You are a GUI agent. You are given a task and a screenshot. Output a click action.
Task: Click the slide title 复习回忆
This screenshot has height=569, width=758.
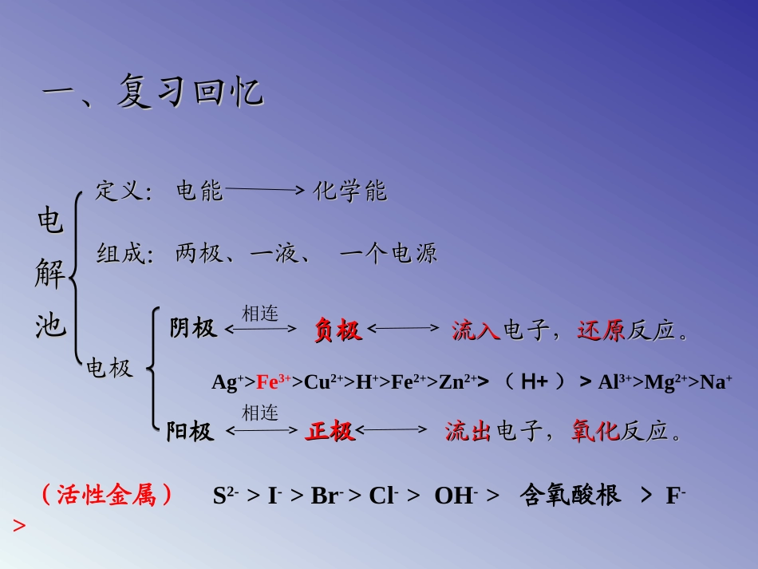click(x=190, y=92)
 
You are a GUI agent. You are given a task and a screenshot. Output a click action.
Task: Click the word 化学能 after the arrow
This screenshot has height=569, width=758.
click(x=349, y=191)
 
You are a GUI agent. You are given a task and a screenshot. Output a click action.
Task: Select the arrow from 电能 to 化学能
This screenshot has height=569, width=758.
click(x=265, y=191)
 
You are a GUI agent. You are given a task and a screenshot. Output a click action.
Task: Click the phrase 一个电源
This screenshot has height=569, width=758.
click(x=388, y=254)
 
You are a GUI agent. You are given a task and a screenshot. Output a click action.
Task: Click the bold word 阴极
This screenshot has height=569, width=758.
click(x=192, y=328)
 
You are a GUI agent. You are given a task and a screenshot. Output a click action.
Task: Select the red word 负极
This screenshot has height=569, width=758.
click(x=338, y=330)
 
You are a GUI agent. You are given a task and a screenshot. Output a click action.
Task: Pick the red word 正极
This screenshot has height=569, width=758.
click(x=330, y=432)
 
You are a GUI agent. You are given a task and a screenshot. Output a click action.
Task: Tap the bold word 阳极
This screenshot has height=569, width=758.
click(x=190, y=432)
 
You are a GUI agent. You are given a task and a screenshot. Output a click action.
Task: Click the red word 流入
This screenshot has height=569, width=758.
click(x=476, y=330)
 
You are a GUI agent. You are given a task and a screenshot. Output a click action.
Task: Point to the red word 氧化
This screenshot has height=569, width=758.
click(x=595, y=432)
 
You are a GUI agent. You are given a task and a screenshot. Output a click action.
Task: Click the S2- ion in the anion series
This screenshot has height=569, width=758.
click(x=226, y=496)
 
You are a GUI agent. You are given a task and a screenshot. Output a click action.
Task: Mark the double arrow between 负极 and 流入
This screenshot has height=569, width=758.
click(x=403, y=327)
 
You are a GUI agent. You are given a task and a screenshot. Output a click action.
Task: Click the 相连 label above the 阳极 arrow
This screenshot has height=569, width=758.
click(x=260, y=413)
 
